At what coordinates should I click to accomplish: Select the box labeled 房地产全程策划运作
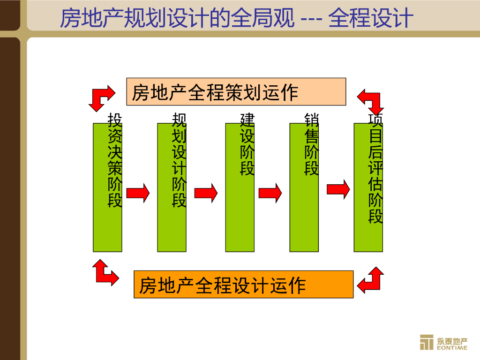coord(236,92)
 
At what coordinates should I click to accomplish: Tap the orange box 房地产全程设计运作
coord(243,285)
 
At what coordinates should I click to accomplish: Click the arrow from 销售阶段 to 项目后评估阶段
coord(338,189)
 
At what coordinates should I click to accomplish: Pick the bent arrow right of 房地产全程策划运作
coord(371,99)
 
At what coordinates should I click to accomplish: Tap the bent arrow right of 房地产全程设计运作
coord(370,280)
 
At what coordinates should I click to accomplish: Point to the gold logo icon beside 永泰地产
coord(427,342)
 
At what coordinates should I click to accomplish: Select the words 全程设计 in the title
coord(370,19)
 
